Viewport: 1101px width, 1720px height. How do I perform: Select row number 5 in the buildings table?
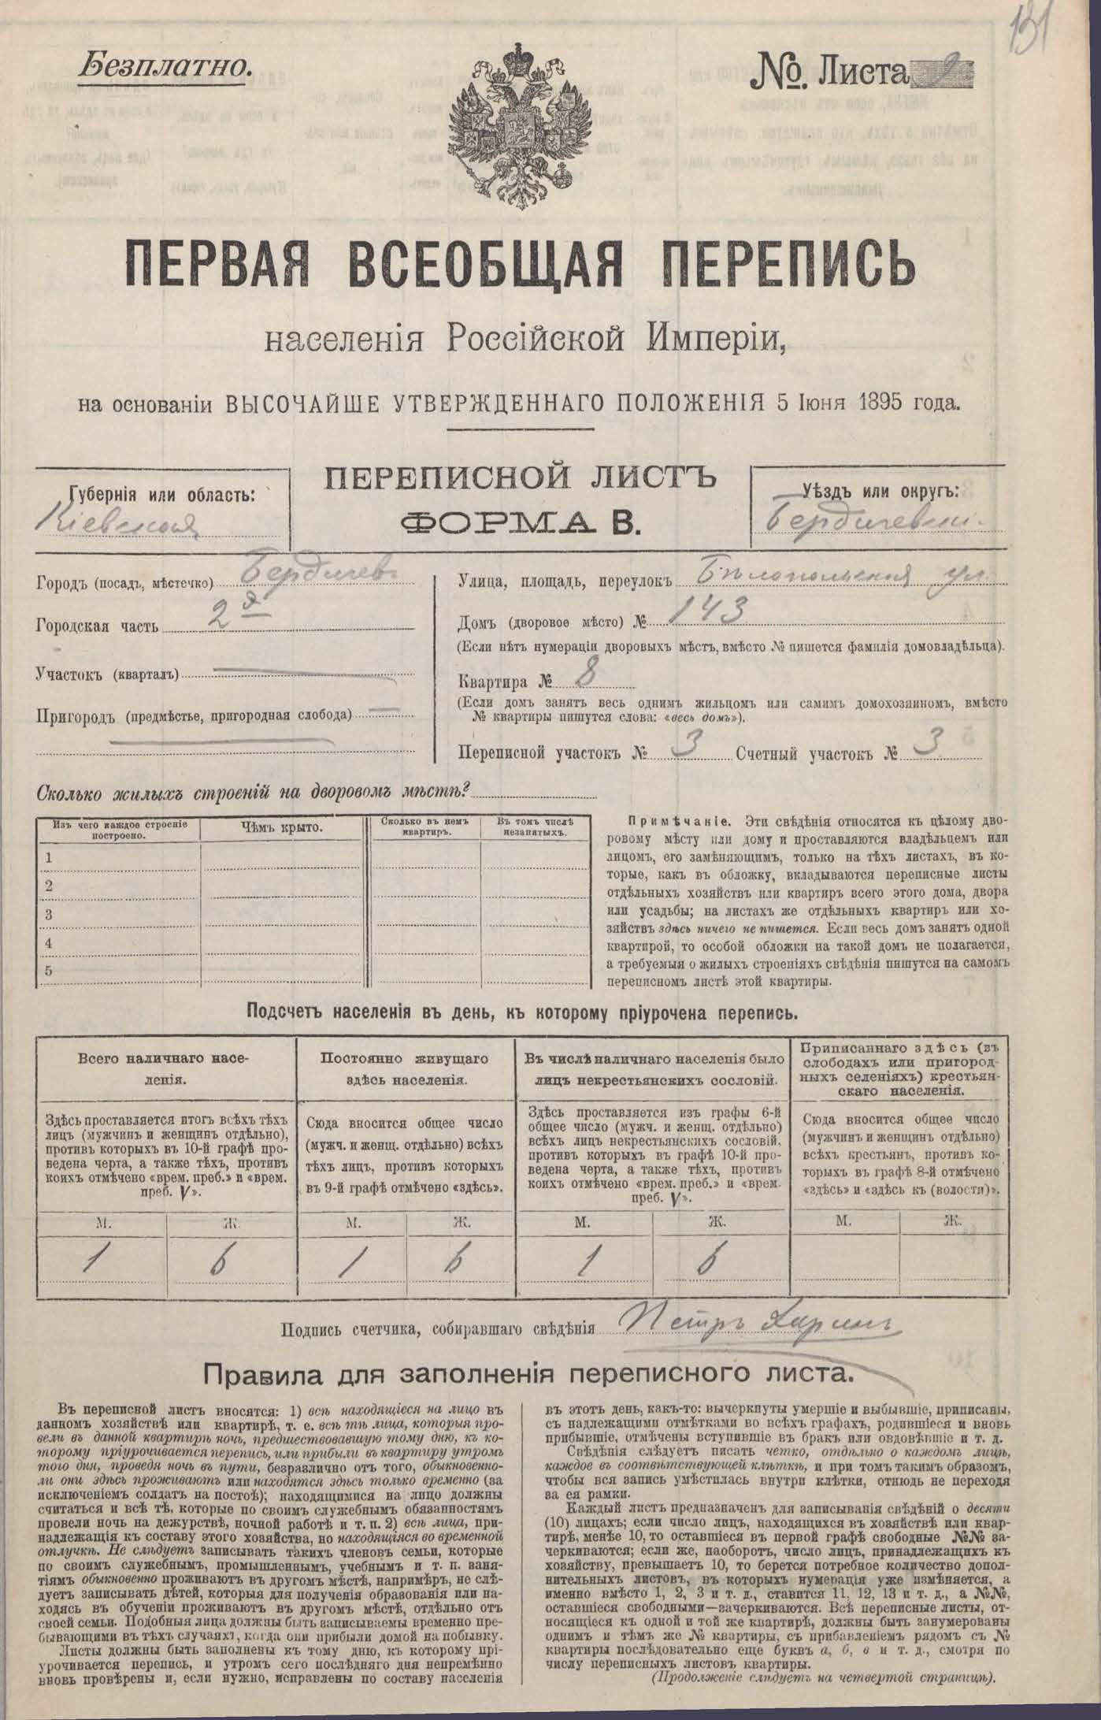pos(49,970)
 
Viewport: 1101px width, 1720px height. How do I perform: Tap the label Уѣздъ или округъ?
pos(881,492)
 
